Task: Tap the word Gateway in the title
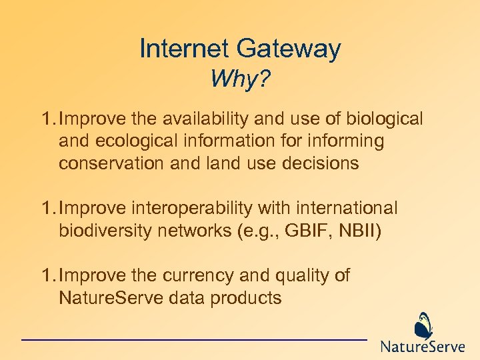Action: [x=289, y=49]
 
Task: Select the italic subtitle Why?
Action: [x=240, y=80]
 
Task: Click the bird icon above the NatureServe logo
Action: [x=423, y=325]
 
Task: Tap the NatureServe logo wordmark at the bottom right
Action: [x=422, y=347]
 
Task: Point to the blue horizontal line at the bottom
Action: [x=193, y=340]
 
